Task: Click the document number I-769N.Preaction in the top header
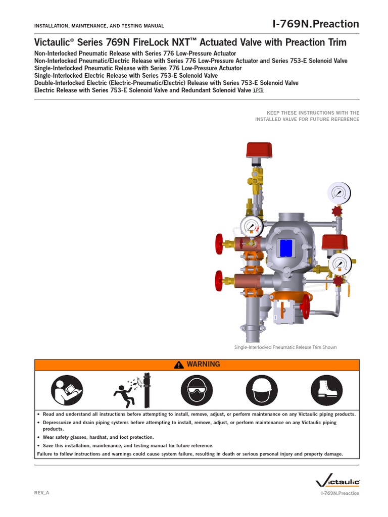[315, 24]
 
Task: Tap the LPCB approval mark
[258, 90]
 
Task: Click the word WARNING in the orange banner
[203, 364]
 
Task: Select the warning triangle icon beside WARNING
[178, 365]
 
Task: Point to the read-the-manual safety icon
[66, 391]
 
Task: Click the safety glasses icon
[197, 391]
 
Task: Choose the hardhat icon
[262, 391]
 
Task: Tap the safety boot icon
[327, 391]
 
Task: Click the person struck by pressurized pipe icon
[131, 391]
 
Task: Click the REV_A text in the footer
[41, 493]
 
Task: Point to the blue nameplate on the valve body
[285, 247]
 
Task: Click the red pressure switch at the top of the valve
[259, 150]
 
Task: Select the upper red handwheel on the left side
[219, 244]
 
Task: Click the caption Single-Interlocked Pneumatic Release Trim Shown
[285, 347]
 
